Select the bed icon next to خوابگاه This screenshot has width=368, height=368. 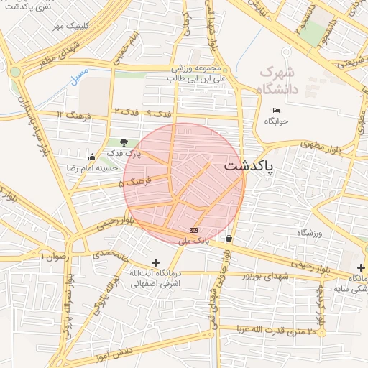click(x=277, y=110)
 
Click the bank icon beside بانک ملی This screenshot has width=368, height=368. click(x=193, y=230)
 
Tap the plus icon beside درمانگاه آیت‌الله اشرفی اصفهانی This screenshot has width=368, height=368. click(x=155, y=263)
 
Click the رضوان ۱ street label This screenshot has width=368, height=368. click(x=55, y=256)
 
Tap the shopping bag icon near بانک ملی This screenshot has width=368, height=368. click(x=229, y=238)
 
